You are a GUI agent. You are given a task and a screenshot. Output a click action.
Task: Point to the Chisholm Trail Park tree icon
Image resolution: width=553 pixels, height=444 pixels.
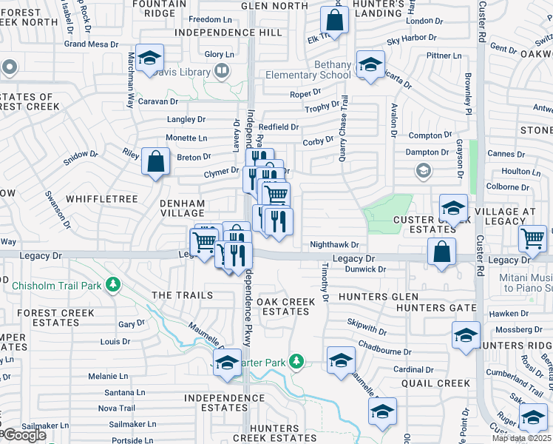(112, 284)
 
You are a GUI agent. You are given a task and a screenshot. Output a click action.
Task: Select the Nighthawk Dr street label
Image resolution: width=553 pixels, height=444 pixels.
(333, 245)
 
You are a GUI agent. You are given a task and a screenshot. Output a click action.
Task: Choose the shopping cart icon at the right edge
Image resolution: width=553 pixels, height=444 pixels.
(532, 238)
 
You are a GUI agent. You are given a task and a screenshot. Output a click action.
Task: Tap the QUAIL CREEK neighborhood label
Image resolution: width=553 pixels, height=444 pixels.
(435, 383)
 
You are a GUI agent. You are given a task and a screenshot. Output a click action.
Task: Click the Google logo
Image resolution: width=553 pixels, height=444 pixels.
(24, 435)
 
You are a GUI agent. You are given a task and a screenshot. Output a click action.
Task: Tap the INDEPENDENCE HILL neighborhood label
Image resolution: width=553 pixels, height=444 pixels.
(228, 33)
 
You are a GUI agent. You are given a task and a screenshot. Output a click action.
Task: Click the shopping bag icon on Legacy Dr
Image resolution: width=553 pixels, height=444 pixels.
(441, 252)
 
